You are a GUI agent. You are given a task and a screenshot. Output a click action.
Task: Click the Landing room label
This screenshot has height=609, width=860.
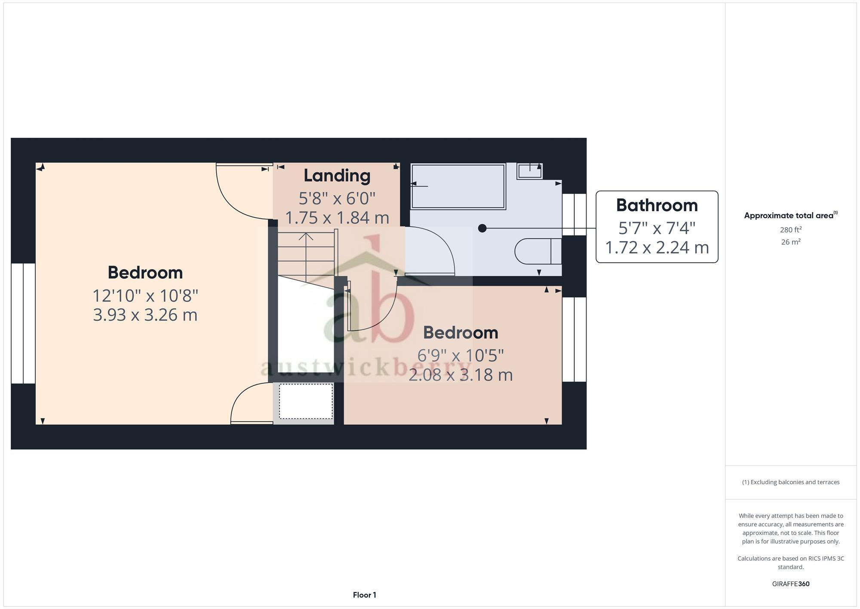click(x=337, y=176)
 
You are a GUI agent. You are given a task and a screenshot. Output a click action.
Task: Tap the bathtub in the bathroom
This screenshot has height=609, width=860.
click(x=458, y=186)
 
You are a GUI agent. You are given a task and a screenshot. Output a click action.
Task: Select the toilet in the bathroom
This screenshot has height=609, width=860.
click(x=537, y=251)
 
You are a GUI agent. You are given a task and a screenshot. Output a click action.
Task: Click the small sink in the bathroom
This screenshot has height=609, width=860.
click(x=529, y=171)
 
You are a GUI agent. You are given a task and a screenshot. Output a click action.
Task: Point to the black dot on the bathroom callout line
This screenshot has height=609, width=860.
click(x=482, y=228)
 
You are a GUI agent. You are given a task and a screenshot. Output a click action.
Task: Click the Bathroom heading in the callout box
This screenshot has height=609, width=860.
click(x=657, y=205)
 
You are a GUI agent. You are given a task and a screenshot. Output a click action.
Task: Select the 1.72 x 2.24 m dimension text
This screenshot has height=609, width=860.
click(x=657, y=247)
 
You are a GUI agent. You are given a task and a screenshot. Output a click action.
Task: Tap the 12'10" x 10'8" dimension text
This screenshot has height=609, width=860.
click(x=145, y=296)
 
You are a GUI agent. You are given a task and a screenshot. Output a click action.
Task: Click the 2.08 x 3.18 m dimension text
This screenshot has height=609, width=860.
click(x=460, y=375)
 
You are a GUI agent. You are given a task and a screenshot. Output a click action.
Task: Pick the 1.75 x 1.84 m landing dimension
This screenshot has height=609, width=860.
click(x=337, y=218)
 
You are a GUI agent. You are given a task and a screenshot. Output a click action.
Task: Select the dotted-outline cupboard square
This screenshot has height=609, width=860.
click(x=306, y=401)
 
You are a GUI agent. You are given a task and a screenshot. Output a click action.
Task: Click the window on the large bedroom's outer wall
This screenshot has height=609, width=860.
click(x=23, y=323)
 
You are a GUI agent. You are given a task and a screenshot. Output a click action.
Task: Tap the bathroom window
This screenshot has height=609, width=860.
click(x=574, y=214)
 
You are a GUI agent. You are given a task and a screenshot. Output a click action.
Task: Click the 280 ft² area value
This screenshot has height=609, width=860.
click(x=790, y=230)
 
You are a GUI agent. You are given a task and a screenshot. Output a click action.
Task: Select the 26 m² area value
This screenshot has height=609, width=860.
click(x=790, y=242)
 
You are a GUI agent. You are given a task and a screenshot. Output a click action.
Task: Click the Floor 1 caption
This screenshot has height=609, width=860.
click(x=364, y=595)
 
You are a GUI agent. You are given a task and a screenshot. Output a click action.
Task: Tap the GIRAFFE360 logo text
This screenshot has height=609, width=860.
click(x=790, y=584)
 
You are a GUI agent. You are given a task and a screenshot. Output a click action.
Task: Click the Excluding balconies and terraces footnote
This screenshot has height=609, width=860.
click(x=790, y=482)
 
